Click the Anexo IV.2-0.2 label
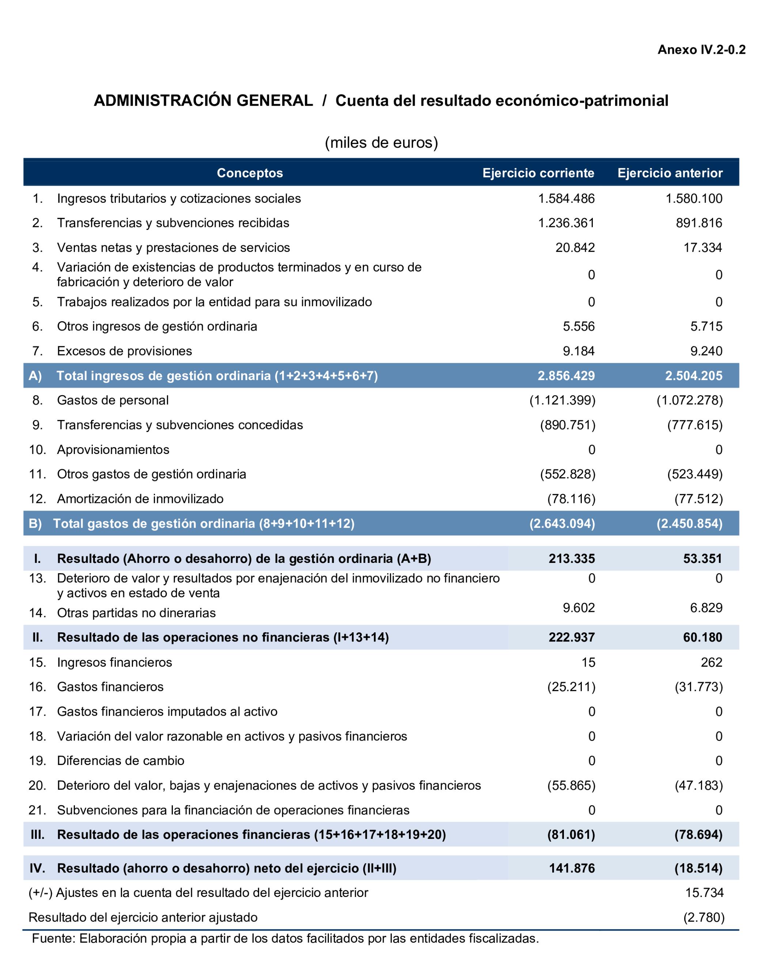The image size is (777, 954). coord(701,50)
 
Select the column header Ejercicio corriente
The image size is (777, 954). coord(538,173)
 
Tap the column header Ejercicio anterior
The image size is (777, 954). coord(670,173)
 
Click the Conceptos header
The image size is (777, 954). coord(250,173)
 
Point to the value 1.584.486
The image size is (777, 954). coord(566,198)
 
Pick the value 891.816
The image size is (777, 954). coord(699,223)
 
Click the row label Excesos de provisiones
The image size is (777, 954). coord(124,351)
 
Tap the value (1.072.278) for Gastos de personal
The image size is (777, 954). coord(689,400)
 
